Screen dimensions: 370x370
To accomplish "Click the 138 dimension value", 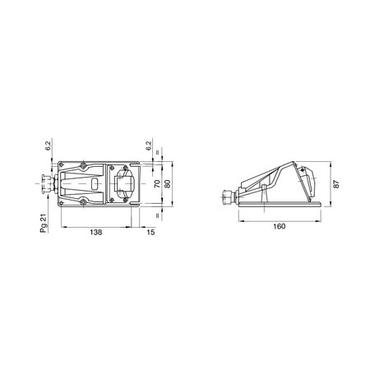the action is click(96, 232).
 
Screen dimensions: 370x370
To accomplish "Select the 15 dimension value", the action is click(150, 232).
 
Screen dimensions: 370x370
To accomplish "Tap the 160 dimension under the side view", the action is click(280, 226).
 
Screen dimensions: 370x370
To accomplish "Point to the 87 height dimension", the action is click(337, 183).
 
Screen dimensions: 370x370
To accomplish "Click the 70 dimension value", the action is click(157, 183).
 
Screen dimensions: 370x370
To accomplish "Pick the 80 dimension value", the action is click(168, 183).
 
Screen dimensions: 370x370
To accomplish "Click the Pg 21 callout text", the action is click(44, 224).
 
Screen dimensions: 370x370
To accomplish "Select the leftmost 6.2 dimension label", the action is click(48, 146).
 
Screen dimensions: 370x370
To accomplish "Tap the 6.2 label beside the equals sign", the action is click(149, 146).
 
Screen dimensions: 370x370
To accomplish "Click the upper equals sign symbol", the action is click(157, 152).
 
